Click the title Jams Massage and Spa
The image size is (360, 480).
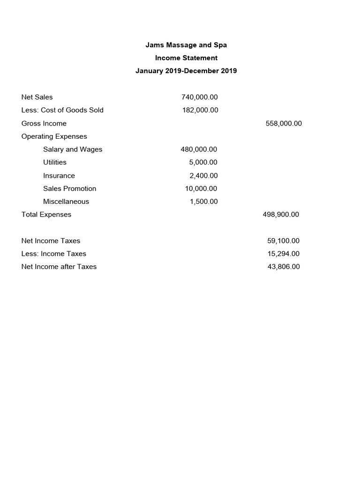186,45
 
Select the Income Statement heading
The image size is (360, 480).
186,58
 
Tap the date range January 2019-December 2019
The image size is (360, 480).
186,71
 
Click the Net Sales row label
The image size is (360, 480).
37,97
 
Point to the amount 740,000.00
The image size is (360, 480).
199,97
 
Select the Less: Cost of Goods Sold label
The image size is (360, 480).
62,110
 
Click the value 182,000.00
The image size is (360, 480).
200,110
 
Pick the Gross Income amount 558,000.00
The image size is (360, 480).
283,124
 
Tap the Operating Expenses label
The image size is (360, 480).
54,136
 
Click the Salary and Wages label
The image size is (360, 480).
73,150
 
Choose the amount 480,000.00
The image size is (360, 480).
199,150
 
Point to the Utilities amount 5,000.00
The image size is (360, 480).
203,162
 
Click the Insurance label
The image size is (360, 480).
59,176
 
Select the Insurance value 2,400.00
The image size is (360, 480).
203,176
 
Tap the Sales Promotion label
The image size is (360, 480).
69,188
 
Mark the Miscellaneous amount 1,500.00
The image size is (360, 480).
203,202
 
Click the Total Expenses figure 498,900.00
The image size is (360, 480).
281,215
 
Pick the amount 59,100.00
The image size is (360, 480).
283,241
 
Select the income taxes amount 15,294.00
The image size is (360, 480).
283,254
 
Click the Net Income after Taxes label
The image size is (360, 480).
59,267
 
